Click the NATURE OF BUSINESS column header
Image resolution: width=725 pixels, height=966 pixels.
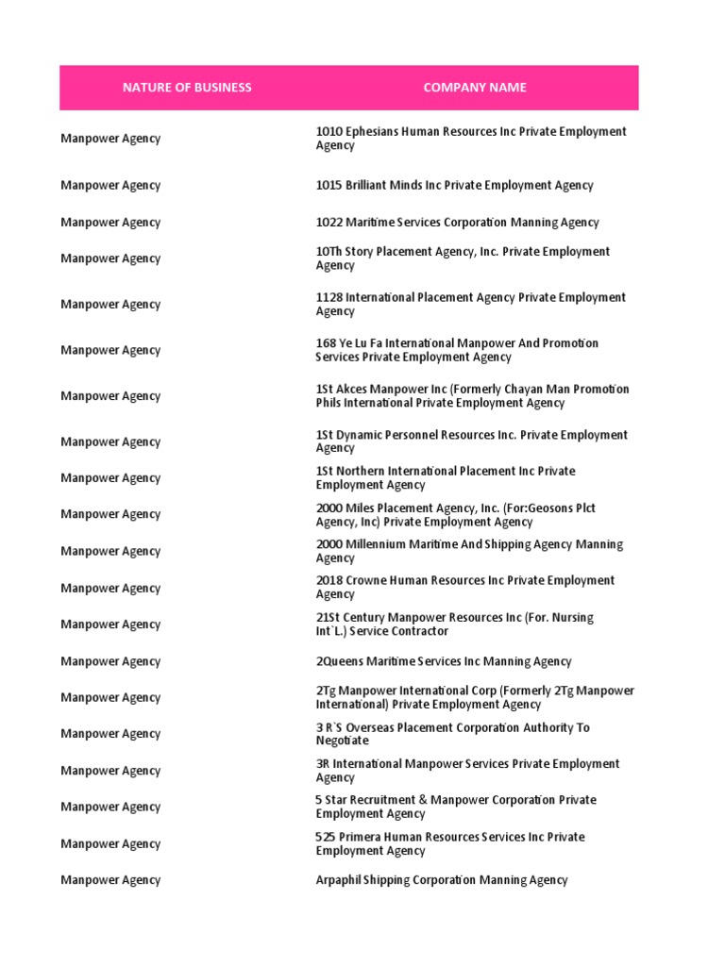(x=187, y=88)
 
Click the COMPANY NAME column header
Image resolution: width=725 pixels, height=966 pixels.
(x=475, y=88)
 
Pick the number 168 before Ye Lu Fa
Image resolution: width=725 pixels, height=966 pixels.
(x=326, y=343)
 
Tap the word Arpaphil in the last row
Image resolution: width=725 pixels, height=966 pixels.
(x=339, y=880)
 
